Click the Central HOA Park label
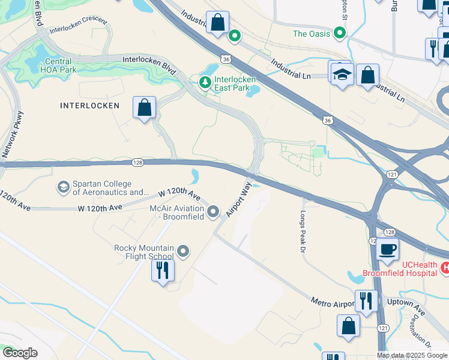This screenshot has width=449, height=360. click(58, 65)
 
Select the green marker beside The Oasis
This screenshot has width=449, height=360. click(341, 34)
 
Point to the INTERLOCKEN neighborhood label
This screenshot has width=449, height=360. click(89, 106)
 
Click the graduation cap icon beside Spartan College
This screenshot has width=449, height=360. click(63, 188)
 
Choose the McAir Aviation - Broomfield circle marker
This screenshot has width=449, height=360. click(213, 211)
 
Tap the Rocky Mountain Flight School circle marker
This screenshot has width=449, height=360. click(184, 251)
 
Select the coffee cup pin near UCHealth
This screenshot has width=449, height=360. click(387, 249)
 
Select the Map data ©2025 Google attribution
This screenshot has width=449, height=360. click(412, 355)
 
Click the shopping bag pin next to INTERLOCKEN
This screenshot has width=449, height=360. click(145, 109)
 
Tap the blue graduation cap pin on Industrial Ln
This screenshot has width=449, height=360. click(341, 75)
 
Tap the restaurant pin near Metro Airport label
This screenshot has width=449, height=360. click(366, 301)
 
